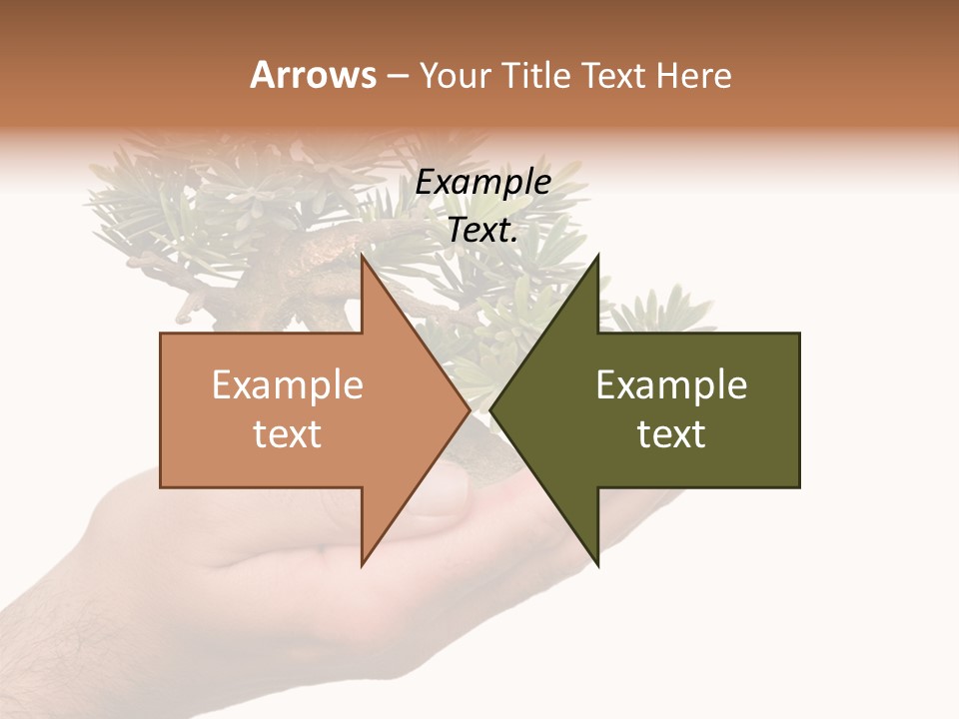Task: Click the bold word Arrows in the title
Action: (x=313, y=75)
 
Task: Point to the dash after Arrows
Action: (x=397, y=77)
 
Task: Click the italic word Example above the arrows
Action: (x=482, y=183)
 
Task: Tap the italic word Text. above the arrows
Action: (x=482, y=231)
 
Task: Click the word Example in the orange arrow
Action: (x=288, y=385)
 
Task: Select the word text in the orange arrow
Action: (x=288, y=434)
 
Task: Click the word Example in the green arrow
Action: (x=671, y=385)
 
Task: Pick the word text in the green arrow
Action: (x=671, y=434)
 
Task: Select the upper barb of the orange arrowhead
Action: (x=365, y=262)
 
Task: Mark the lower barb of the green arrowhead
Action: (x=596, y=561)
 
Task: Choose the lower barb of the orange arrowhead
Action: (x=365, y=561)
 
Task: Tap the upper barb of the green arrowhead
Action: (x=596, y=262)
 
